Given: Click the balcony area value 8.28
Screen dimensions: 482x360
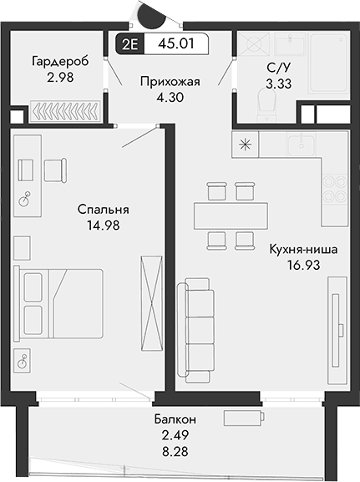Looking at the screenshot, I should (175, 450).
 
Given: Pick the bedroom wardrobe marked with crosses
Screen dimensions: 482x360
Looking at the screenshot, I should (151, 296).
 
